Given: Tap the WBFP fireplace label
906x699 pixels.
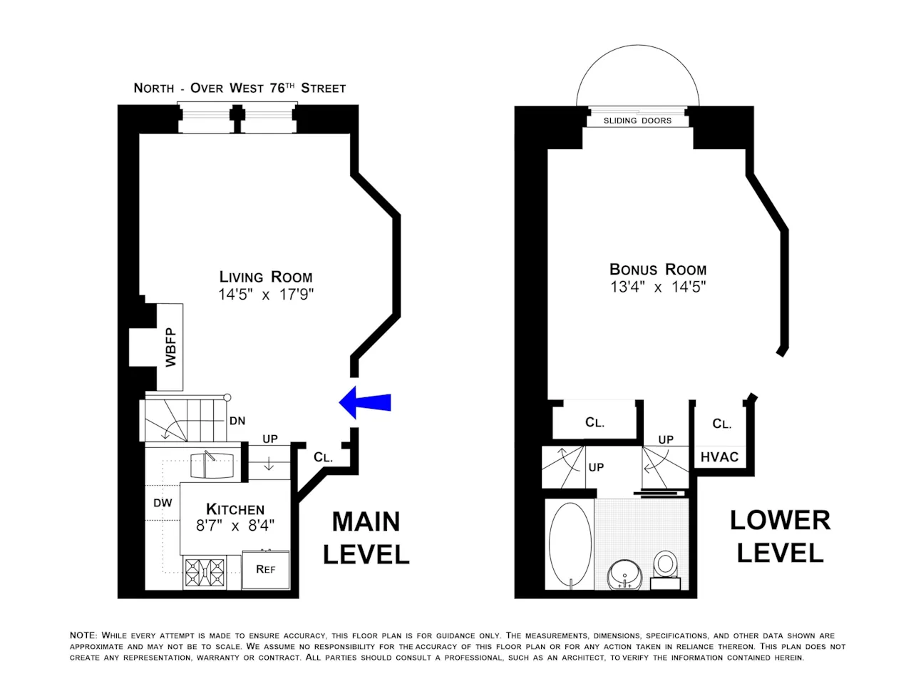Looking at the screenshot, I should pyautogui.click(x=170, y=347).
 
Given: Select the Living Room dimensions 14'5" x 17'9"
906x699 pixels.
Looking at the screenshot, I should pyautogui.click(x=266, y=295).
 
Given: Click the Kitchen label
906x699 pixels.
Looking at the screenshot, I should pyautogui.click(x=235, y=509).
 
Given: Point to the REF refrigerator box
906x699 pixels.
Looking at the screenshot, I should pyautogui.click(x=265, y=569).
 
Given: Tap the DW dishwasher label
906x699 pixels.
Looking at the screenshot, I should pyautogui.click(x=163, y=503).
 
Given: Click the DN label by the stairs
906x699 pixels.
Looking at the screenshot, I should pyautogui.click(x=237, y=422).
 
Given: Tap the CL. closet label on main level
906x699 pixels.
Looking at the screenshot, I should pyautogui.click(x=323, y=457).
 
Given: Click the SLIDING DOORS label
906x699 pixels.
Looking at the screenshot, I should pyautogui.click(x=637, y=121).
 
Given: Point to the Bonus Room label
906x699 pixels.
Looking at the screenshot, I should pyautogui.click(x=658, y=270).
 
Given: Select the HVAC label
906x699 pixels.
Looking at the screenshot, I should pyautogui.click(x=719, y=456).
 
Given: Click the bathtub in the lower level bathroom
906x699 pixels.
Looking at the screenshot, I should pyautogui.click(x=571, y=544).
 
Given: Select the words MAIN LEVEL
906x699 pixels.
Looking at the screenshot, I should pyautogui.click(x=366, y=539).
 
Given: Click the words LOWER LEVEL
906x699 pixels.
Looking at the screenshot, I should pyautogui.click(x=780, y=536).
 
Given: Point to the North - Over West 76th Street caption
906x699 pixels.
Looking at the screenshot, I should pyautogui.click(x=240, y=88).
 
